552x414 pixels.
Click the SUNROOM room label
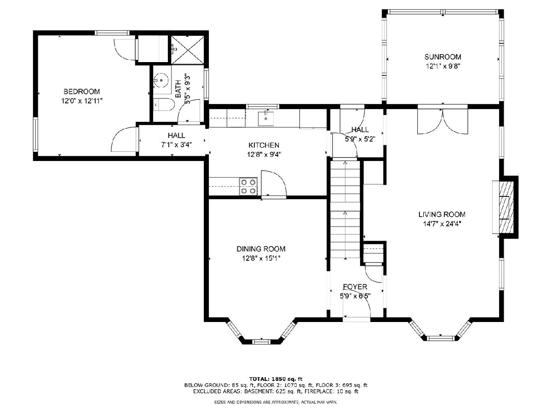(x=443, y=57)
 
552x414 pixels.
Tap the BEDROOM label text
(x=82, y=91)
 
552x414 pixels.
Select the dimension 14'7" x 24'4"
(x=442, y=224)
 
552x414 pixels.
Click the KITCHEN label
(x=264, y=145)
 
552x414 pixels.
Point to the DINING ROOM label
(x=261, y=249)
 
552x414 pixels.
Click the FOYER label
(x=355, y=287)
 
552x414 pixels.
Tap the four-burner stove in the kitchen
(x=248, y=186)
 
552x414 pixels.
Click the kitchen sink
(x=266, y=119)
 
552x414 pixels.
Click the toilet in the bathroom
(x=164, y=104)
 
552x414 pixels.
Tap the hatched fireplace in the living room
(x=506, y=207)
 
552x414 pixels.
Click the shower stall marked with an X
(x=188, y=50)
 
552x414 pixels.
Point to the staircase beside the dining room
(x=345, y=209)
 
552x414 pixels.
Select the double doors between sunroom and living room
(x=443, y=121)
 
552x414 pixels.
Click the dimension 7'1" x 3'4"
(x=177, y=145)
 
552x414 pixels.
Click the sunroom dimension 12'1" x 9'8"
(x=443, y=66)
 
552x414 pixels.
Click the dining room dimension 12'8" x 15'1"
(x=261, y=259)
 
